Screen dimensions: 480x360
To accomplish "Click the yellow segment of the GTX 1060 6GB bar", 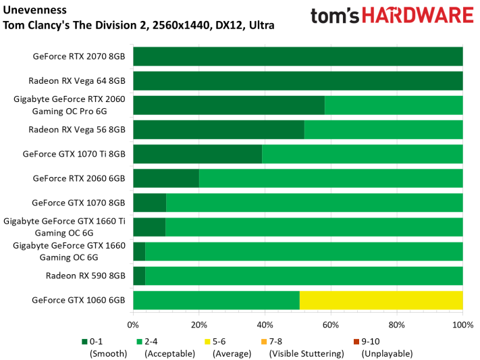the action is click(x=381, y=301).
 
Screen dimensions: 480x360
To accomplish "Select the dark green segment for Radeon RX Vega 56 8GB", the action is click(x=219, y=130).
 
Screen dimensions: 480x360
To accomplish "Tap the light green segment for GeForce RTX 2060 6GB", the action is click(x=331, y=178).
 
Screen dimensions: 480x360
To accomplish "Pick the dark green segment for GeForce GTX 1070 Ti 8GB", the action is click(x=198, y=154).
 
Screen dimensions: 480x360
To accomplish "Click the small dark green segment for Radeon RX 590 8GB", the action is click(x=139, y=276).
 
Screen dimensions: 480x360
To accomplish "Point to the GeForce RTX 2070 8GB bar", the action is click(x=298, y=56).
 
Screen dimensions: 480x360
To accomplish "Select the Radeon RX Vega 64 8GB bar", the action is click(x=298, y=81).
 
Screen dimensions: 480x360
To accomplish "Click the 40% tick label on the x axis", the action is click(x=265, y=325).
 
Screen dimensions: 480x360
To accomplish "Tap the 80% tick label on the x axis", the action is click(x=397, y=325).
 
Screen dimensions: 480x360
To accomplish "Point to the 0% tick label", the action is click(x=133, y=325).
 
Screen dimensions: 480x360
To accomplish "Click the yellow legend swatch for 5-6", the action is click(x=207, y=342).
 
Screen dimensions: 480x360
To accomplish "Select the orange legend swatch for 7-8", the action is click(x=264, y=342).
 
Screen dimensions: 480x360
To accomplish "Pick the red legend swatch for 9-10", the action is click(x=356, y=342).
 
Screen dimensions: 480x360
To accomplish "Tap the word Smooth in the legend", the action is click(x=108, y=354).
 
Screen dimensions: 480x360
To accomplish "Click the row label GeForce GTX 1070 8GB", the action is click(x=79, y=203).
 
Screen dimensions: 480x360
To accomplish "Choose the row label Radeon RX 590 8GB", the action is click(x=86, y=276).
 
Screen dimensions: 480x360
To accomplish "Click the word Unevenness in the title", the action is click(x=34, y=10).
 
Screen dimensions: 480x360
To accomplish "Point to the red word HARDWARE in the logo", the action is click(x=418, y=16).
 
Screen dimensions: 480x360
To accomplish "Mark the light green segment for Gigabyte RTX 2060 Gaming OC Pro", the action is click(x=394, y=105).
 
